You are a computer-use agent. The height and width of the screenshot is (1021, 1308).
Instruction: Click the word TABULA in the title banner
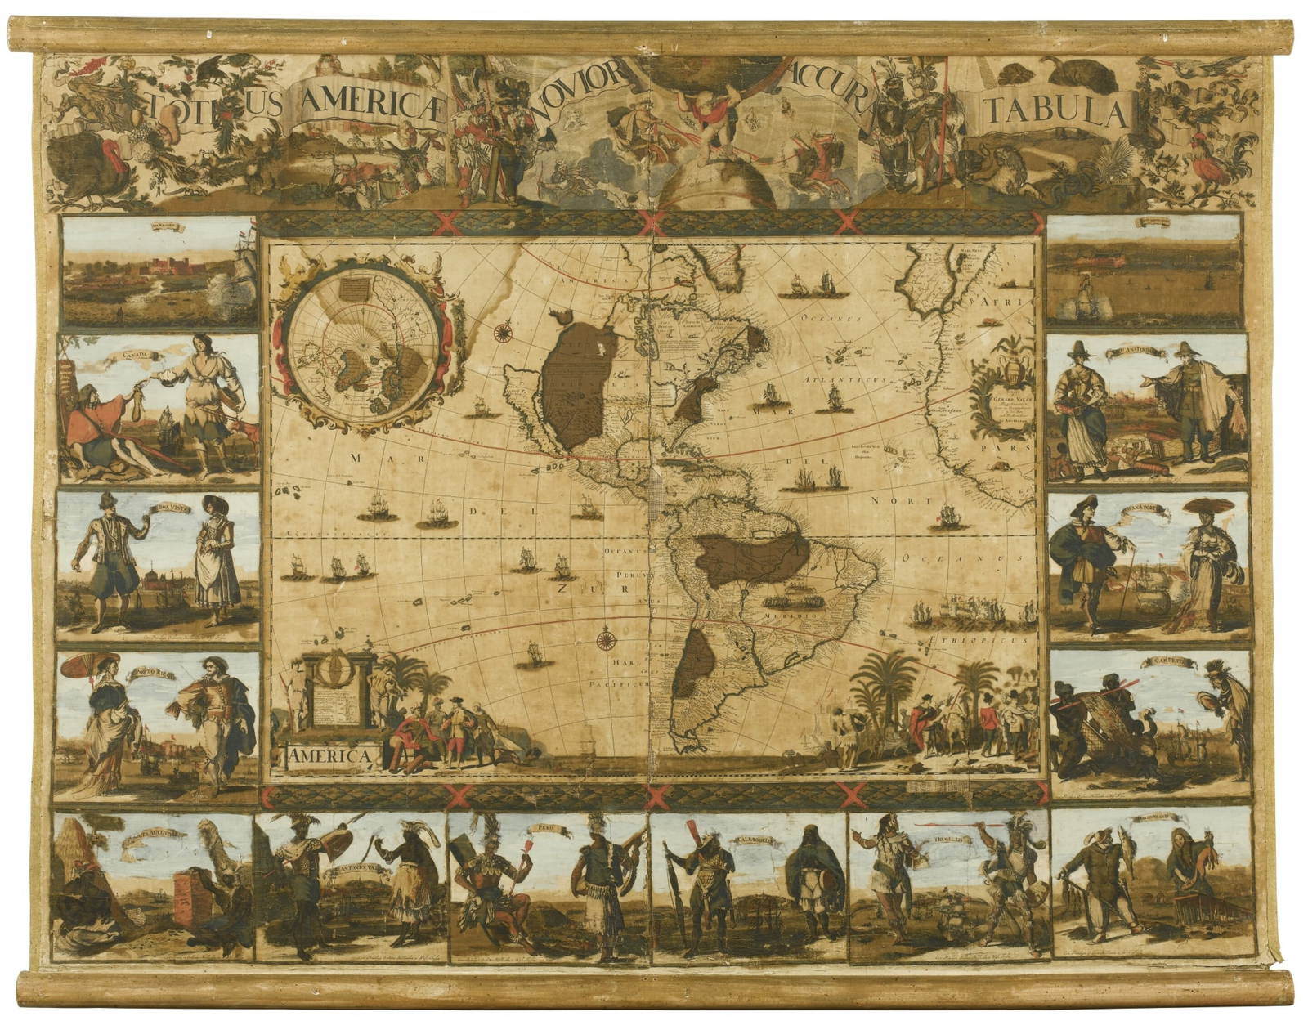1055,110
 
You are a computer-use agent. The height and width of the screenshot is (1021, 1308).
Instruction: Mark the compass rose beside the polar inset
503,331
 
